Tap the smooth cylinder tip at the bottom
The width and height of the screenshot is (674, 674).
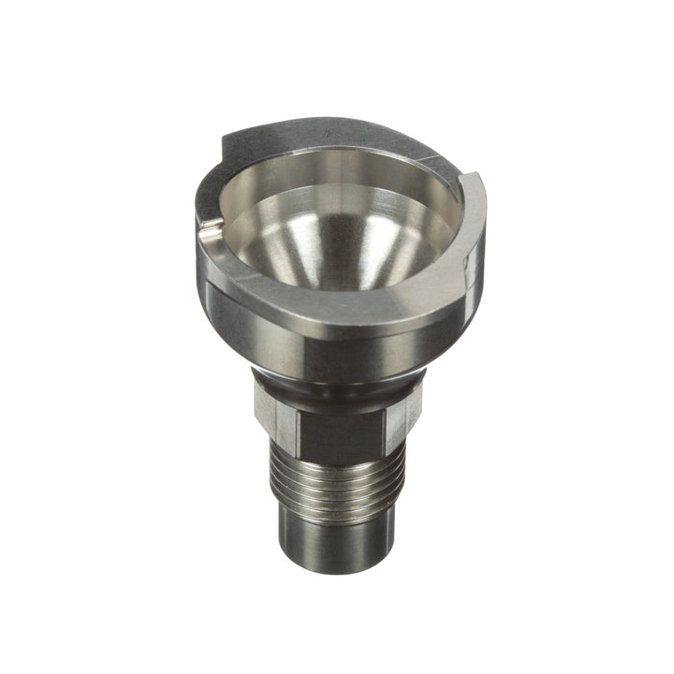click(337, 543)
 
